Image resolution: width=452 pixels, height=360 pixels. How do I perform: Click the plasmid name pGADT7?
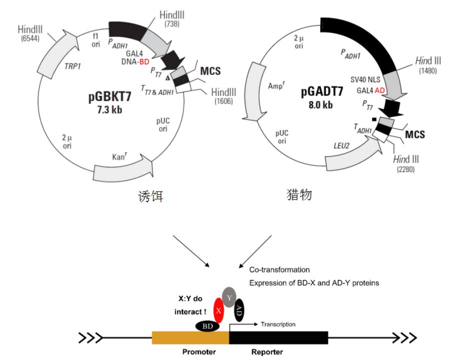322,92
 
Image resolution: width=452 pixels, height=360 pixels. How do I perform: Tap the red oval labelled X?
218,310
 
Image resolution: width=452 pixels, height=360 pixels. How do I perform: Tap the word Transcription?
278,324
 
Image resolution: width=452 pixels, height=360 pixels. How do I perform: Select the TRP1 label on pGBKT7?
73,65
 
